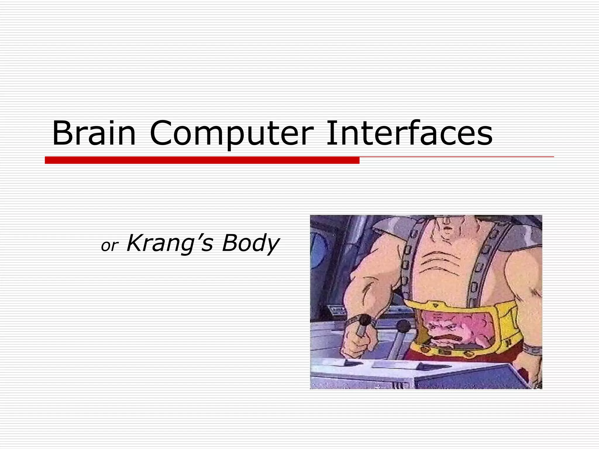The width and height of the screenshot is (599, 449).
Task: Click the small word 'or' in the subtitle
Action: click(109, 246)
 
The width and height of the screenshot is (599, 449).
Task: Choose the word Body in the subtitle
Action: click(250, 243)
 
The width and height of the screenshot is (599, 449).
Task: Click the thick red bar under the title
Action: click(202, 160)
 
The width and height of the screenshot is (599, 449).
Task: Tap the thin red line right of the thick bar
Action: click(456, 157)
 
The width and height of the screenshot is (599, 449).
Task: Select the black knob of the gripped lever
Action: click(365, 320)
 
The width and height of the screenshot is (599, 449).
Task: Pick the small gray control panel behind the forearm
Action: click(337, 310)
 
